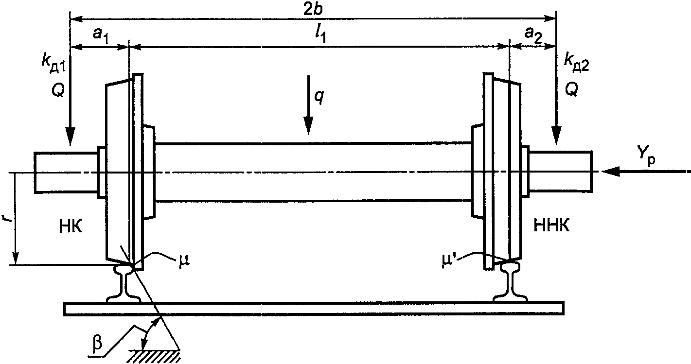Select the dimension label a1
click(101, 35)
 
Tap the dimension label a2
click(533, 35)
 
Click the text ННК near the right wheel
click(552, 226)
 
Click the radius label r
click(7, 219)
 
